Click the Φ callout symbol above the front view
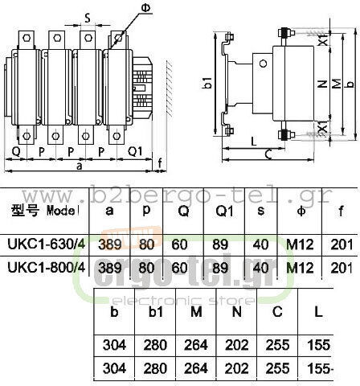pyautogui.click(x=146, y=7)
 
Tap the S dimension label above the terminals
pyautogui.click(x=88, y=18)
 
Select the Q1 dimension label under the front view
pyautogui.click(x=135, y=151)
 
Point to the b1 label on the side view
pyautogui.click(x=207, y=82)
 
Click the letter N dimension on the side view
pyautogui.click(x=323, y=84)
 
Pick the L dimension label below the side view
pyautogui.click(x=253, y=141)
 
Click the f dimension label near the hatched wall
pyautogui.click(x=160, y=163)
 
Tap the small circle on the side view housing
pyautogui.click(x=264, y=64)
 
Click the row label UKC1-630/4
pyautogui.click(x=47, y=244)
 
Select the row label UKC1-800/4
pyautogui.click(x=47, y=267)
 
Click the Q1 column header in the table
pyautogui.click(x=224, y=211)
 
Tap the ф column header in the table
pyautogui.click(x=301, y=211)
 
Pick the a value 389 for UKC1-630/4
pyautogui.click(x=110, y=244)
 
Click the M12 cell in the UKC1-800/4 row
pyautogui.click(x=300, y=268)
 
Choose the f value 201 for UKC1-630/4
pyautogui.click(x=342, y=244)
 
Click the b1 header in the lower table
pyautogui.click(x=156, y=312)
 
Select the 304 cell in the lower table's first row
pyautogui.click(x=114, y=345)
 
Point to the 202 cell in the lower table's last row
pyautogui.click(x=236, y=368)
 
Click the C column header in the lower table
pyautogui.click(x=277, y=312)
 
